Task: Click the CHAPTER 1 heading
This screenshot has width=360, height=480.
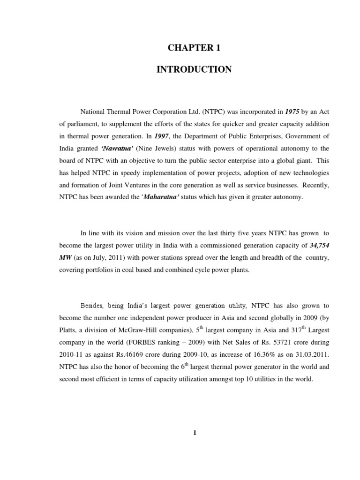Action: coord(194,48)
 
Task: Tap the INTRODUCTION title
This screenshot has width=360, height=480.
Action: coord(194,70)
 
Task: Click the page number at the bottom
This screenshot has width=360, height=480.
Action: coord(194,433)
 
